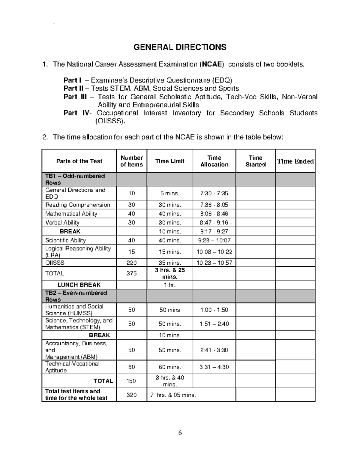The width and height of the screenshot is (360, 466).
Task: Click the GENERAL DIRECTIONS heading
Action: coord(180,47)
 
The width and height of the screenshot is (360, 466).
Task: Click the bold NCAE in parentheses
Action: coord(212,64)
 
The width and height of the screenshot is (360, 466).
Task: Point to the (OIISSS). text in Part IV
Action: coord(109,121)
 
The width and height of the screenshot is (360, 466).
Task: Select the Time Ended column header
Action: coord(295,161)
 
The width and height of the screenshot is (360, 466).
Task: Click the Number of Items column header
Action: coord(131,161)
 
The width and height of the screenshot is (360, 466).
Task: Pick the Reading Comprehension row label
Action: coord(77,205)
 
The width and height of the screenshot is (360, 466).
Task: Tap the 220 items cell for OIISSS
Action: coord(131,263)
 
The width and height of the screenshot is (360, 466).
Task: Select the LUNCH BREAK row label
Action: coord(79,285)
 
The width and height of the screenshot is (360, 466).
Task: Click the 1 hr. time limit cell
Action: coord(170,285)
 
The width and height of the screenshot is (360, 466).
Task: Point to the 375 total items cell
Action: coord(131,273)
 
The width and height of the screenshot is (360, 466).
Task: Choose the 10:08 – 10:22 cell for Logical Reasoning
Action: coord(214,252)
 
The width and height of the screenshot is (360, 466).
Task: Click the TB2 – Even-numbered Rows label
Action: coord(76,296)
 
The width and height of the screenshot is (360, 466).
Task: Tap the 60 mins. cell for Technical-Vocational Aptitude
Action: coord(170,367)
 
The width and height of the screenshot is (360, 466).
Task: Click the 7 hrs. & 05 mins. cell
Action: coord(173,395)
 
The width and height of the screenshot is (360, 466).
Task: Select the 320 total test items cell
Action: coord(131,395)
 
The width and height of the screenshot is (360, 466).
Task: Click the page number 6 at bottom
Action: coord(180,433)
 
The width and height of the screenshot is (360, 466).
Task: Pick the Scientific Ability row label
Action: coord(65,240)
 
